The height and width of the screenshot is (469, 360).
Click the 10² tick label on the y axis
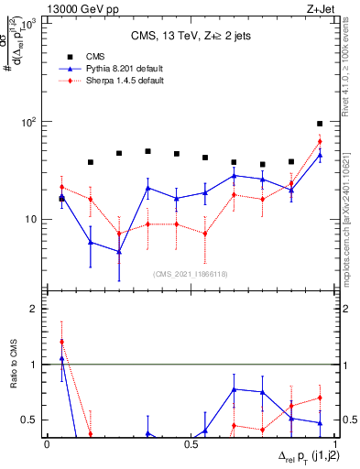pyautogui.click(x=27, y=122)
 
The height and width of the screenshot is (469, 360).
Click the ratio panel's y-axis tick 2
pyautogui.click(x=35, y=310)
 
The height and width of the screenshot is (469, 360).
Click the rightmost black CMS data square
pyautogui.click(x=320, y=124)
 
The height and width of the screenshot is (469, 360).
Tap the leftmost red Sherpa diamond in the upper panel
pyautogui.click(x=61, y=187)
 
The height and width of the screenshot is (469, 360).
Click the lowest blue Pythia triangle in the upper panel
pyautogui.click(x=119, y=252)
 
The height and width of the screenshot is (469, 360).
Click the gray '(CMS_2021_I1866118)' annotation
pyautogui.click(x=191, y=274)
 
